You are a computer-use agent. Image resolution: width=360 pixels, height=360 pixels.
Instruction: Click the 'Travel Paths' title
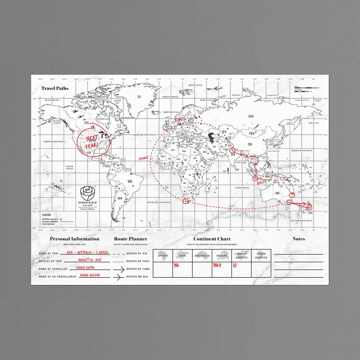[x=55, y=88]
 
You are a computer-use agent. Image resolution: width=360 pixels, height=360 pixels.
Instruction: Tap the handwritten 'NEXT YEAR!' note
[x=92, y=141]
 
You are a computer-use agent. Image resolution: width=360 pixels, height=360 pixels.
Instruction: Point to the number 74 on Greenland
[x=139, y=97]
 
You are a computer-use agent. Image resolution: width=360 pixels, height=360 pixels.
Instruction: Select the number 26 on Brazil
[x=130, y=181]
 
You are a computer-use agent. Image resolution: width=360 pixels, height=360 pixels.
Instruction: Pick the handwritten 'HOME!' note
[x=143, y=158]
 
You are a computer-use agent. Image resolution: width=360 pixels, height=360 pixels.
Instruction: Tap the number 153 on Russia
[x=251, y=116]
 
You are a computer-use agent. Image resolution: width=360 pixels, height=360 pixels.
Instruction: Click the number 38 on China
[x=250, y=144]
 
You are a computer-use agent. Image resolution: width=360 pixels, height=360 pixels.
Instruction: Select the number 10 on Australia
[x=277, y=193]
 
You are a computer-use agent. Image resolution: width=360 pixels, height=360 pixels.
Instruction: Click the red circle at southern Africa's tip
[x=186, y=201]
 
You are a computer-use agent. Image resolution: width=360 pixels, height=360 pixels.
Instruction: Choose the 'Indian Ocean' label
[x=242, y=188]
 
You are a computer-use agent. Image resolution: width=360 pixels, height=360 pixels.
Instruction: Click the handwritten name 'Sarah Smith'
[x=85, y=267]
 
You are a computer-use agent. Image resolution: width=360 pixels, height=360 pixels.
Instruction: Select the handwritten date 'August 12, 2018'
[x=89, y=260]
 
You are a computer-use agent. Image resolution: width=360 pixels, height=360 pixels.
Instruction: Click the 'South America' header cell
[x=261, y=256]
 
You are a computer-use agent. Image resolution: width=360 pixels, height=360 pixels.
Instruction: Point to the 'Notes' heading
[x=298, y=239]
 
